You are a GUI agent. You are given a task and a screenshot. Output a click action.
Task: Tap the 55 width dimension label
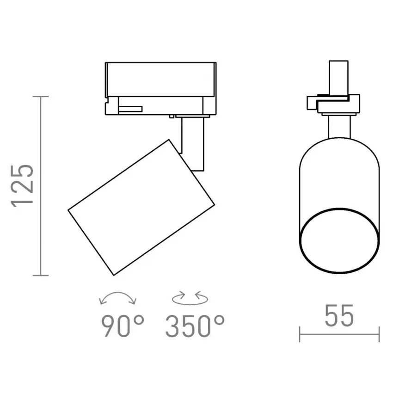(x=339, y=315)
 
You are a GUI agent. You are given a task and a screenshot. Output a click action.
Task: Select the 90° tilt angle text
(x=123, y=326)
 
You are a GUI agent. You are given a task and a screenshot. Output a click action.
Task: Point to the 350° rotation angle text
(x=195, y=326)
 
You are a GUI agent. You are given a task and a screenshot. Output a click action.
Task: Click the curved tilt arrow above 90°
(x=117, y=293)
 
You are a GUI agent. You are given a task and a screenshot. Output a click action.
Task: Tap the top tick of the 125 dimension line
(x=41, y=97)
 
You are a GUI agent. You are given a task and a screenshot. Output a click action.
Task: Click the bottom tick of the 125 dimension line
(x=41, y=276)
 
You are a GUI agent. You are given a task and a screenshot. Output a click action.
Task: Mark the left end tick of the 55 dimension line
(x=300, y=334)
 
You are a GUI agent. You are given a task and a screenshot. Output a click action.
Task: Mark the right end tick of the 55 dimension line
(x=379, y=334)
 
